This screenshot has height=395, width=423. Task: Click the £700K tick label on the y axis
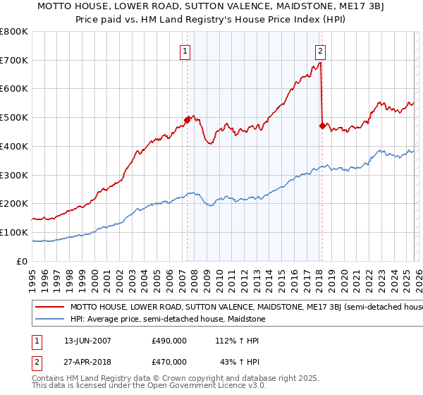tap(14, 61)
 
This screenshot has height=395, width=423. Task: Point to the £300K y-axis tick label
tap(14, 175)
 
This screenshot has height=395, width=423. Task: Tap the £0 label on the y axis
tap(23, 261)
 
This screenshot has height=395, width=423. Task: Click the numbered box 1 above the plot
tap(185, 51)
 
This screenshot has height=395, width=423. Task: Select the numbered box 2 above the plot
tap(320, 51)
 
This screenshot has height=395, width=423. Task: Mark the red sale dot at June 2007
tap(187, 121)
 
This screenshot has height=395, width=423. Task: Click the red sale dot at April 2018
tap(322, 126)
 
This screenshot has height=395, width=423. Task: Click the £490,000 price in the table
tap(169, 340)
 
